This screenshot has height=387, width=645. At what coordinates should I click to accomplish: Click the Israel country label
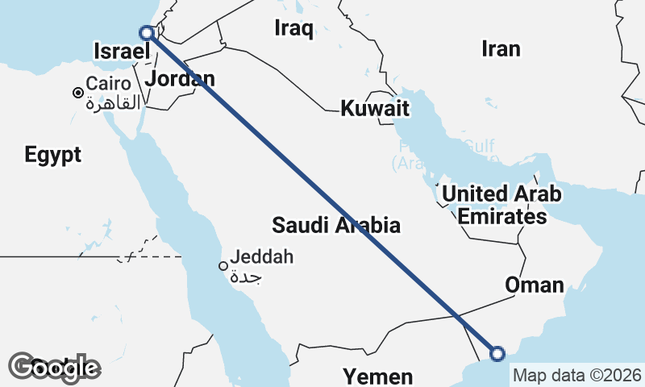click(123, 52)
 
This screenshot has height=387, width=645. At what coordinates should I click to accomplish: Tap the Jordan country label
click(180, 79)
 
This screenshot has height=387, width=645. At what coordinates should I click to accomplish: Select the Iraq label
click(293, 29)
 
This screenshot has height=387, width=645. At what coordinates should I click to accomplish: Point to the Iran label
click(501, 48)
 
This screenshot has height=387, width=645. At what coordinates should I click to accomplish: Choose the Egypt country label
click(52, 155)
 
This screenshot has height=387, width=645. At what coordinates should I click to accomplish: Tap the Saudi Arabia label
click(335, 224)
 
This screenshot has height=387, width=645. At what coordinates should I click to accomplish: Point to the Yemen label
click(377, 376)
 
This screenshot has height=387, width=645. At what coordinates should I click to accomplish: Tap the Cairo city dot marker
click(78, 93)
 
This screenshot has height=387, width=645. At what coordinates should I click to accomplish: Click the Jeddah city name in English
click(262, 258)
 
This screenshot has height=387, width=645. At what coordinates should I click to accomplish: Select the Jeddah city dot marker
click(223, 266)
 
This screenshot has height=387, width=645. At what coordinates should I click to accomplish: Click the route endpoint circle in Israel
click(147, 33)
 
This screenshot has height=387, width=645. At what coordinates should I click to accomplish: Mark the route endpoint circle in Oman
click(497, 353)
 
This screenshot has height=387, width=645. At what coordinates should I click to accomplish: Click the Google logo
click(55, 368)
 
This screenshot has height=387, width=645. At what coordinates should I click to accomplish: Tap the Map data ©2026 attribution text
click(576, 376)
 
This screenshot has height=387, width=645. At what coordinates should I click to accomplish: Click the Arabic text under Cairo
click(113, 102)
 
